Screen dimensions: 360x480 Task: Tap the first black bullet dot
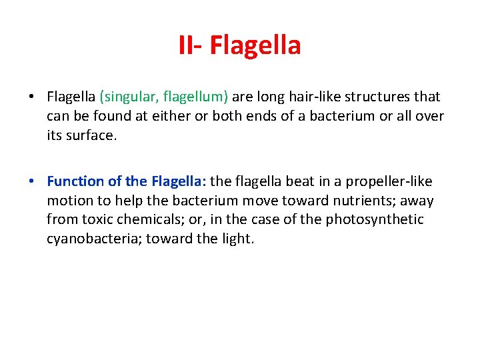31,97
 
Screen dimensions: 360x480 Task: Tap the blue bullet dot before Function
31,181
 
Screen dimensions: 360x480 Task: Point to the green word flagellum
196,97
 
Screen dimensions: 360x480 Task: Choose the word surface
92,136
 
